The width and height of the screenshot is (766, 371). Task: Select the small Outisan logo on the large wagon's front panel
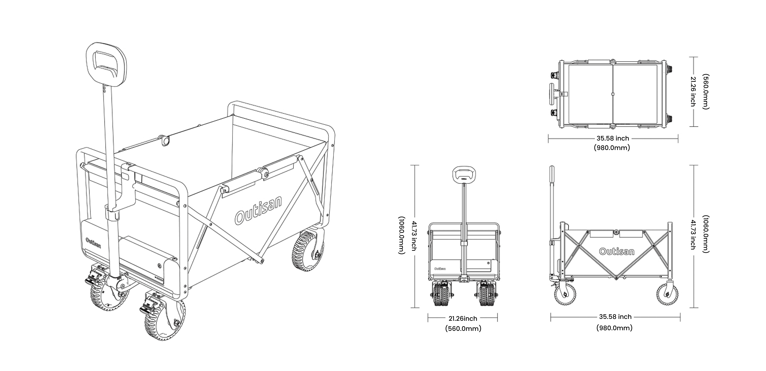pyautogui.click(x=93, y=242)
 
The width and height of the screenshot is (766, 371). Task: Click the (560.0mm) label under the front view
pyautogui.click(x=463, y=328)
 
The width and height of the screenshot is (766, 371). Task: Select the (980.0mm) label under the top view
pyautogui.click(x=612, y=147)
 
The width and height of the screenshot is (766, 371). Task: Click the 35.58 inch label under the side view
pyautogui.click(x=615, y=317)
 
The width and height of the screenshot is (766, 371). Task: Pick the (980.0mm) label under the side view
pyautogui.click(x=614, y=328)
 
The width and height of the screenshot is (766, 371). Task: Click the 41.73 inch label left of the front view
pyautogui.click(x=414, y=235)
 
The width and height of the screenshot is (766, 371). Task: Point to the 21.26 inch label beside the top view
pyautogui.click(x=693, y=91)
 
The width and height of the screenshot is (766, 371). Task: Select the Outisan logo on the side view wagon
pyautogui.click(x=616, y=251)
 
